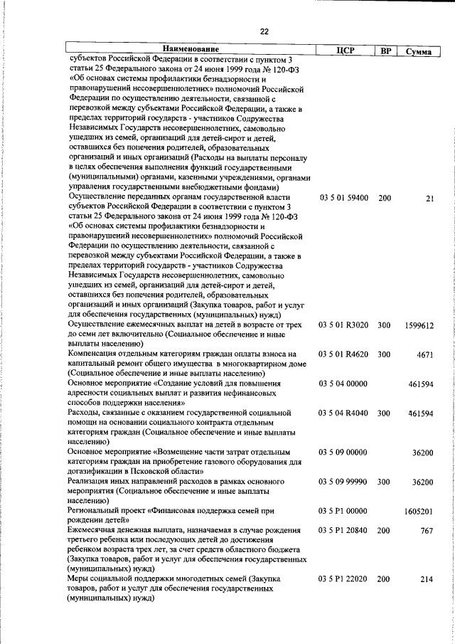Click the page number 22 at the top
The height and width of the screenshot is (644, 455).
coord(264,31)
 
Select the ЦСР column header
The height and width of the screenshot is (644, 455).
coord(345,51)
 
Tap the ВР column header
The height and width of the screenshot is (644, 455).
coord(385,51)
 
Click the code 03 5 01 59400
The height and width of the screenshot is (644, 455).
coord(344,198)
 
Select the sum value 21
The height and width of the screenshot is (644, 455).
coord(429,199)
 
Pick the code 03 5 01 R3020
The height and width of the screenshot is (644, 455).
coord(344,324)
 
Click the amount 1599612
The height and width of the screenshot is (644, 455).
coord(419,324)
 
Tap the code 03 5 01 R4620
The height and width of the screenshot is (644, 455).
coord(344,354)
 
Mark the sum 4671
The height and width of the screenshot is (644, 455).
coord(425,354)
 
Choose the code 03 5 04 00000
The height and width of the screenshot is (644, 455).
coord(344,384)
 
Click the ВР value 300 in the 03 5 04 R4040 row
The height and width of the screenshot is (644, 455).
coord(385,413)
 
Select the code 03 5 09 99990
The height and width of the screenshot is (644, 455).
coord(344,482)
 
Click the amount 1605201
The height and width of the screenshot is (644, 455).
coord(419,512)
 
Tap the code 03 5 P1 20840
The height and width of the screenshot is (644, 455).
coord(344,531)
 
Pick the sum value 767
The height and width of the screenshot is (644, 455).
coord(427,532)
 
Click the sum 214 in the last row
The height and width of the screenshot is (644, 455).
coord(427,580)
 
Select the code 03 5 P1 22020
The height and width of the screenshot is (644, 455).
coord(344,579)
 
